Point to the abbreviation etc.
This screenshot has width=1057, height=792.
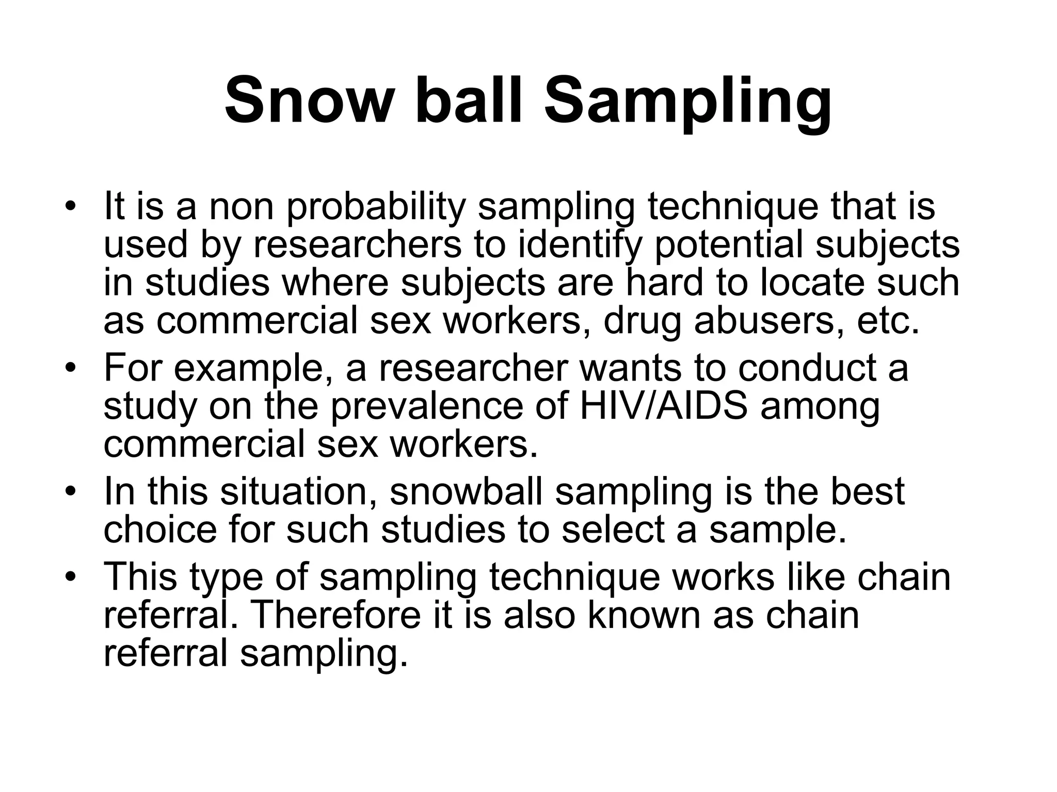coord(889,321)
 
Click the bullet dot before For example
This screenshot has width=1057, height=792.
coord(71,368)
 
